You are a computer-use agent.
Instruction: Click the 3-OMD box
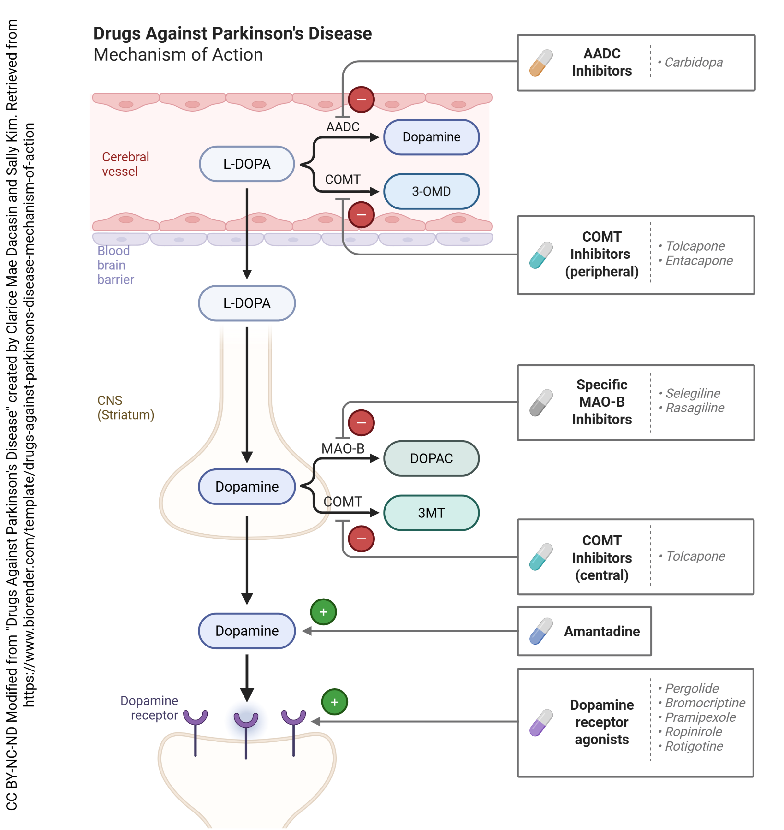pos(431,191)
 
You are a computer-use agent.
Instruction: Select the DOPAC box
pos(431,458)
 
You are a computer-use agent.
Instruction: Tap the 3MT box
pos(431,513)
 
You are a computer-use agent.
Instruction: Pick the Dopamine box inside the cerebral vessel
pos(431,137)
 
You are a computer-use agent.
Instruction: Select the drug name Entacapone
pos(698,261)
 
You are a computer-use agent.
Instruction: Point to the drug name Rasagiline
pos(695,408)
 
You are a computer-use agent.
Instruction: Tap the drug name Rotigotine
pos(694,746)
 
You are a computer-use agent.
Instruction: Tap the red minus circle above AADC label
pos(361,100)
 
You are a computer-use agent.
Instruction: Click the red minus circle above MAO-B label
pos(361,422)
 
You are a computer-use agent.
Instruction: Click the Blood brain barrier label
pos(115,265)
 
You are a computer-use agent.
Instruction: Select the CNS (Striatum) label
pos(125,408)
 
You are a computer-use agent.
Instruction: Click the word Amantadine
pos(602,631)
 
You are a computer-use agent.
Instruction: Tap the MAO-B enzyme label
pos(342,448)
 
